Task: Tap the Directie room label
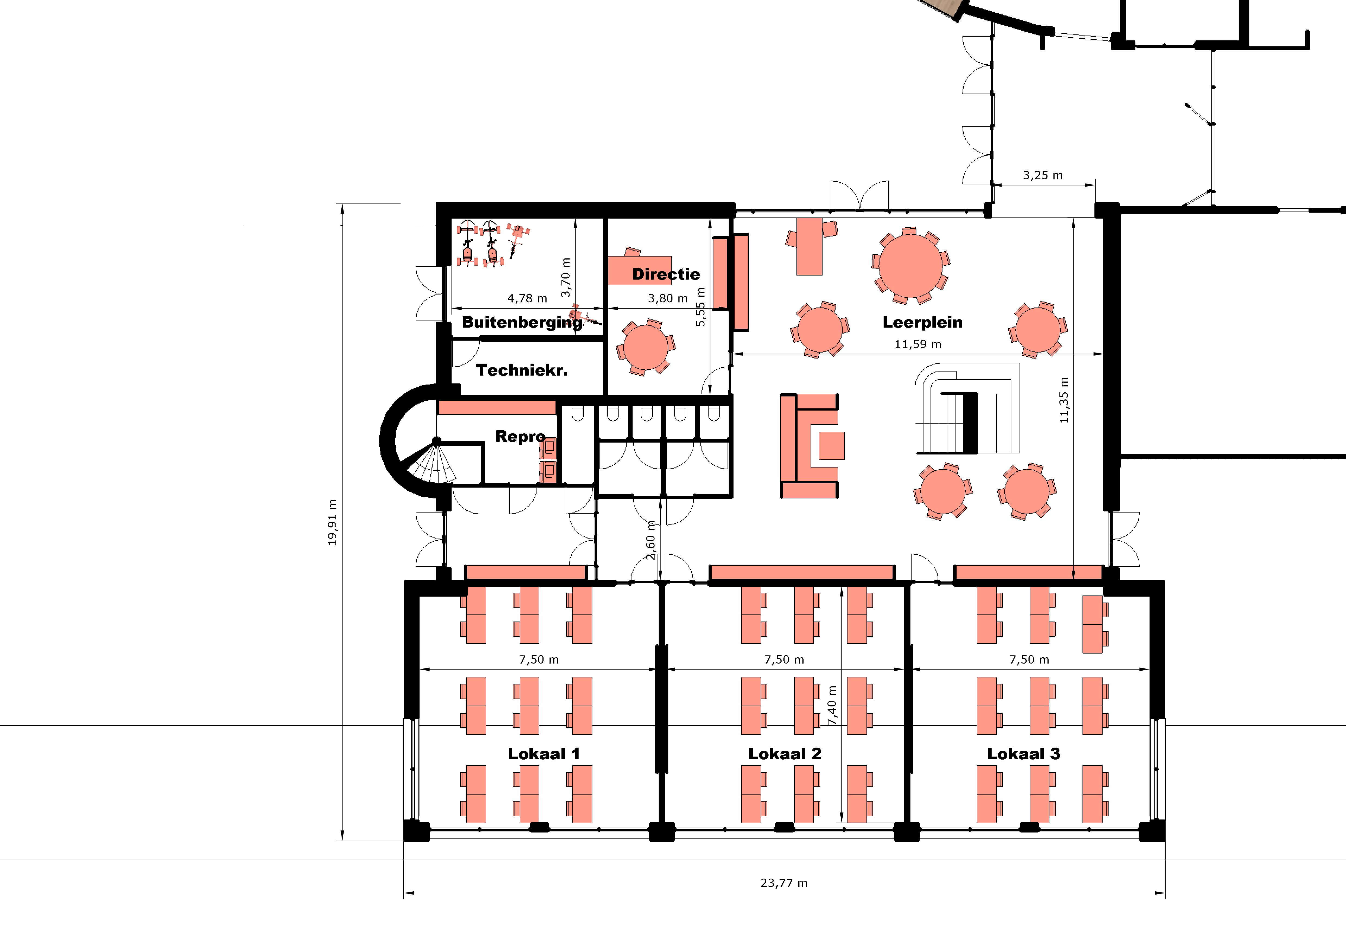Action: [666, 274]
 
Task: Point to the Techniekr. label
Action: [522, 370]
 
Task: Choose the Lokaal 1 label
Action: [544, 754]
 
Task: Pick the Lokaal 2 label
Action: [784, 754]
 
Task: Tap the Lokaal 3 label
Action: [1024, 754]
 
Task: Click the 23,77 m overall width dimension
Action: [784, 883]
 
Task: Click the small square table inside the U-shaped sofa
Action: [831, 445]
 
